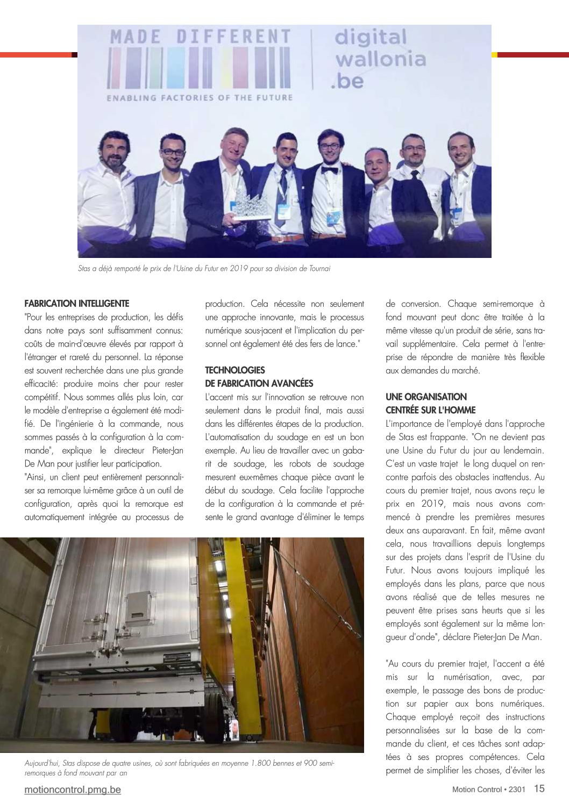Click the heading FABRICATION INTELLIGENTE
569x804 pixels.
(77, 304)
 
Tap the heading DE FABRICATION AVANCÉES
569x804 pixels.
(259, 383)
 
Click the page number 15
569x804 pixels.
(539, 788)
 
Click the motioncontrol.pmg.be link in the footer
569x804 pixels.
(73, 789)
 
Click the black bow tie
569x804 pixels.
(329, 171)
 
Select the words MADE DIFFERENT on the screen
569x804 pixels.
(200, 37)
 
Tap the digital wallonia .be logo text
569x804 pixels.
(380, 59)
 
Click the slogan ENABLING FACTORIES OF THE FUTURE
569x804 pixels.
(200, 98)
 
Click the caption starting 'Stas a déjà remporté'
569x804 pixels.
(204, 268)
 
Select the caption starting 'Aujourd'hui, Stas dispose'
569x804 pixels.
(179, 767)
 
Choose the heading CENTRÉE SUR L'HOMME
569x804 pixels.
(430, 410)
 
